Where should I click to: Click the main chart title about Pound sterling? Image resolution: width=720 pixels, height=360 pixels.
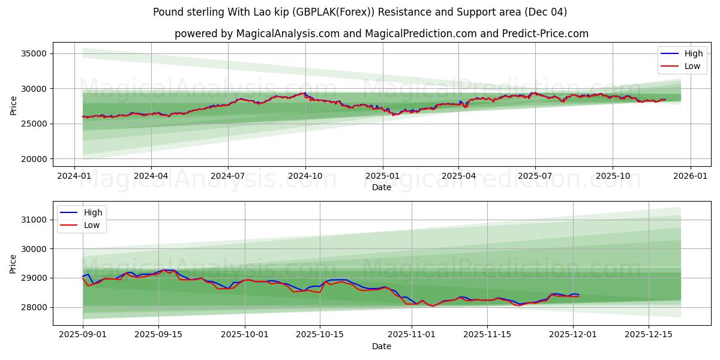pyautogui.click(x=360, y=12)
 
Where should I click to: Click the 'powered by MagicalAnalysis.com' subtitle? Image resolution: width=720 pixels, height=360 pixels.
pyautogui.click(x=382, y=34)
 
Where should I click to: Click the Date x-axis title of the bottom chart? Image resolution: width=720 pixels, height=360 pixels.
pyautogui.click(x=382, y=346)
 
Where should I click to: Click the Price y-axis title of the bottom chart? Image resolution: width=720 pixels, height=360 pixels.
pyautogui.click(x=14, y=263)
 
